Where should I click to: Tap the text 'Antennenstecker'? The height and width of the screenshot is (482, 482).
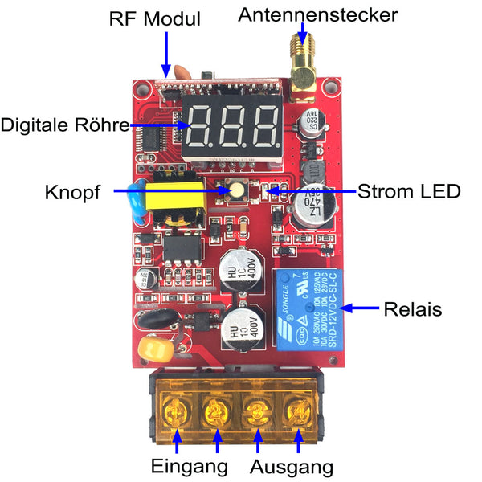point(318,14)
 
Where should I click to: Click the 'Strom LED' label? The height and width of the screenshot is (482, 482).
point(409,192)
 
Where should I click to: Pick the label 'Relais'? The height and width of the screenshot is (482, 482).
point(413,308)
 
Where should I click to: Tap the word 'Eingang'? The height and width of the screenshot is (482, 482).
point(190,466)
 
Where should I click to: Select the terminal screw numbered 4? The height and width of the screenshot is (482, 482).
point(297,409)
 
